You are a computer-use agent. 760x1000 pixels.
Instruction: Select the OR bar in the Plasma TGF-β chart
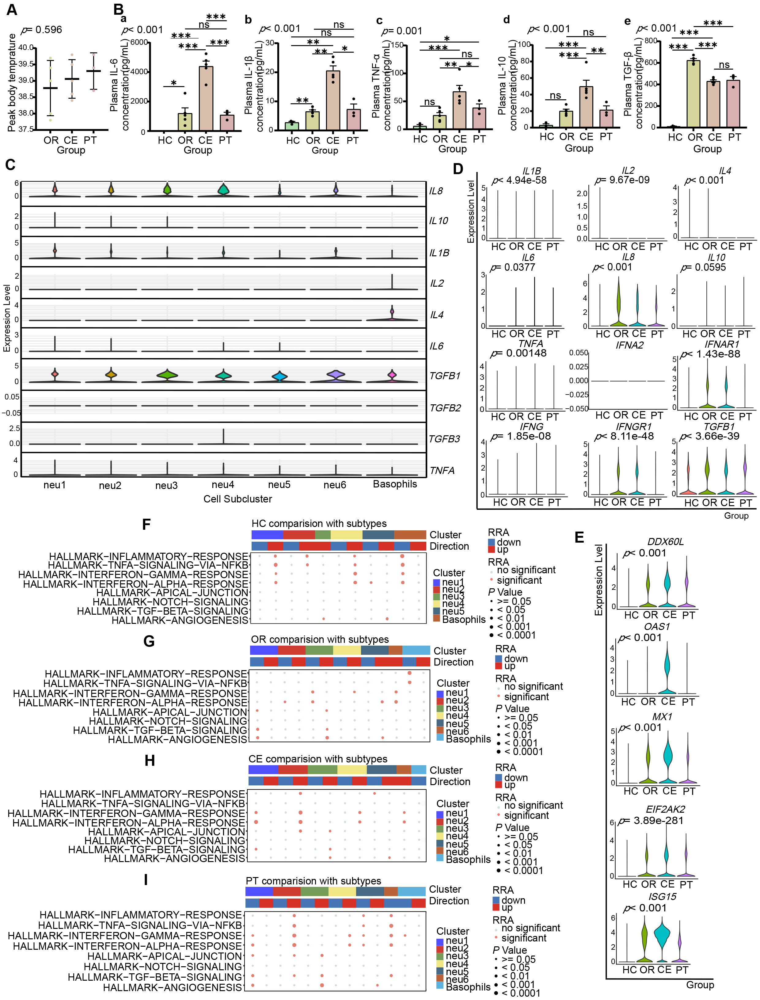click(x=693, y=94)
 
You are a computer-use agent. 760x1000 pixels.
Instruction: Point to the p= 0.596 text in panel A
click(x=42, y=30)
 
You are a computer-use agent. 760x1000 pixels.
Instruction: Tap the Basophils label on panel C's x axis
click(x=394, y=484)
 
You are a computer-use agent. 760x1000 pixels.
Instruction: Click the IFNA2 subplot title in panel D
click(x=629, y=345)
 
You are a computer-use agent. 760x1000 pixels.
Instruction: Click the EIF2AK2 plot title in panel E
click(x=665, y=809)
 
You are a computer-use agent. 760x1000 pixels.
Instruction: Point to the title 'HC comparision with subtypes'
click(x=319, y=524)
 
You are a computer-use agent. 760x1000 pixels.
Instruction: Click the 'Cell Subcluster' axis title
click(x=237, y=499)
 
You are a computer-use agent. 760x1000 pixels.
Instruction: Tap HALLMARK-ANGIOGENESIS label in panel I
click(x=172, y=987)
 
